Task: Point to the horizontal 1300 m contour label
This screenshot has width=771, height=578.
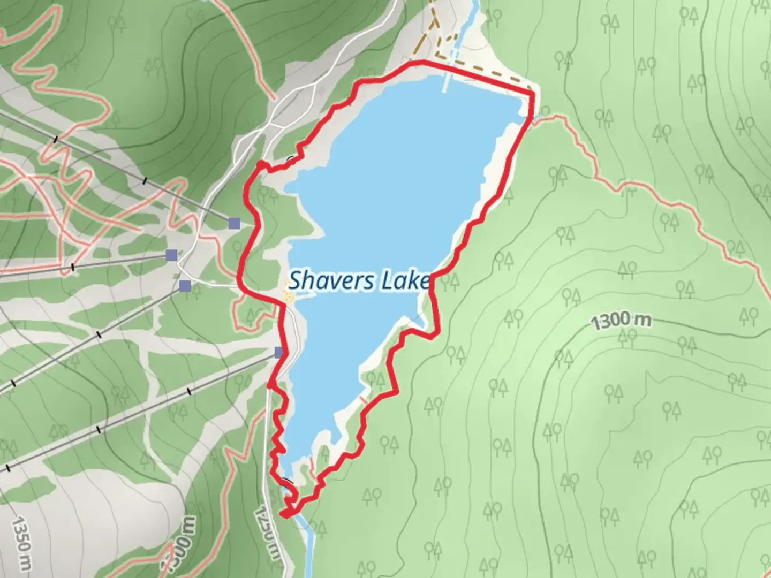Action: tap(622, 321)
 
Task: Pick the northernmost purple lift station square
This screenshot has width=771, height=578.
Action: tap(233, 223)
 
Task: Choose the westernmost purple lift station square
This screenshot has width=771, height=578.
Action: tap(171, 255)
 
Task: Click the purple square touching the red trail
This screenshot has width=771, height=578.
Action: tap(279, 352)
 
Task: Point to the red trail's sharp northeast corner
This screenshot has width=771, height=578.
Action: tap(533, 95)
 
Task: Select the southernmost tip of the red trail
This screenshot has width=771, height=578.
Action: tap(284, 515)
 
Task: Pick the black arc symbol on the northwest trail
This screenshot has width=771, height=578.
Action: tap(291, 159)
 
